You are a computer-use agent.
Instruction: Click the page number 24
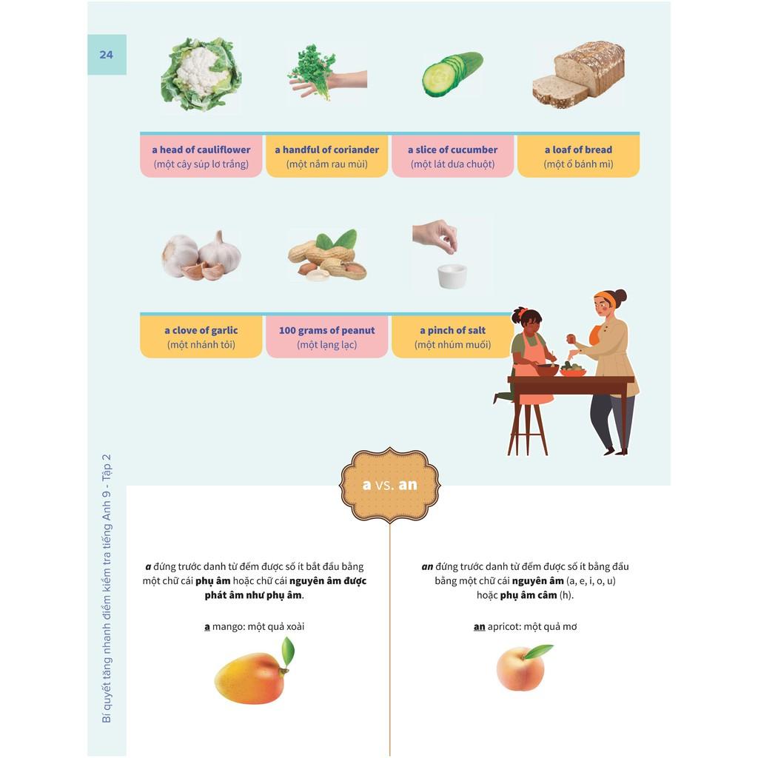(107, 55)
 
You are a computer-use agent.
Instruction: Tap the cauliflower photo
(201, 74)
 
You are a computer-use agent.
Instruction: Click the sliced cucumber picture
(452, 74)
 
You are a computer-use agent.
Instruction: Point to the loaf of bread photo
(578, 74)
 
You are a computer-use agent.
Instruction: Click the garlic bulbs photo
(201, 255)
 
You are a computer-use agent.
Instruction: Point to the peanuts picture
(327, 255)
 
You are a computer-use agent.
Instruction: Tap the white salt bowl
(452, 276)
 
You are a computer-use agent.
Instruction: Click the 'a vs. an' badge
(389, 485)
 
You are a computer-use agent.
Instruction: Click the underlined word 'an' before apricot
(479, 627)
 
